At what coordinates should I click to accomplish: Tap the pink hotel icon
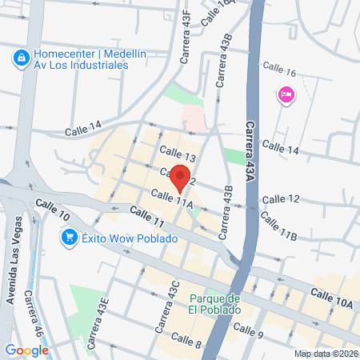tap(286, 95)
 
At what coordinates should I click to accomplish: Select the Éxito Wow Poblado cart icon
tap(70, 237)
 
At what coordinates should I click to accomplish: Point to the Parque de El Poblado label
tap(215, 304)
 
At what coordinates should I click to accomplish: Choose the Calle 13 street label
tap(178, 153)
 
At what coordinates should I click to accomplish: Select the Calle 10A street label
tap(333, 298)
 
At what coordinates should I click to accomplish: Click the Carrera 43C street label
tap(168, 306)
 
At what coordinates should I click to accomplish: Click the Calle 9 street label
tap(249, 328)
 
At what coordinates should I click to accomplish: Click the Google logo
tap(26, 350)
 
